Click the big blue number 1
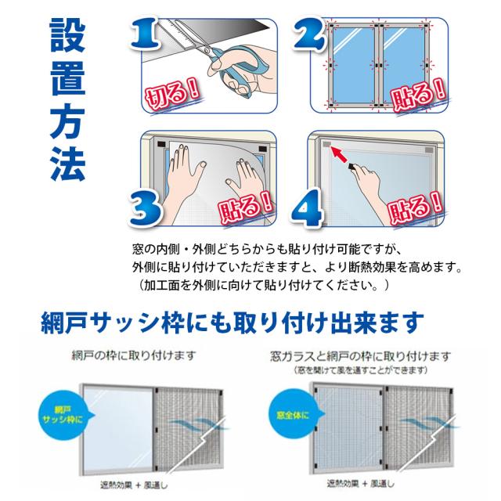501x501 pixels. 145,34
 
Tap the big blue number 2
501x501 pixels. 309,34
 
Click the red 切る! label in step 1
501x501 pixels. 172,94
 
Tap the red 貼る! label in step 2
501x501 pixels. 418,94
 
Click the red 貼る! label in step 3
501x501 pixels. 245,207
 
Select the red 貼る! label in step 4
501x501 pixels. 415,207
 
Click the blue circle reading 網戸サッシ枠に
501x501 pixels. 63,414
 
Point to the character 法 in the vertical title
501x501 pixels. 67,164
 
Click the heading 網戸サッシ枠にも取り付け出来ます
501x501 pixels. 232,323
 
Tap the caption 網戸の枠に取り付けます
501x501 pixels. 133,355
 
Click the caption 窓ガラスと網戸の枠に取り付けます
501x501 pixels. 360,356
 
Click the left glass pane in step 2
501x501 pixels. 354,65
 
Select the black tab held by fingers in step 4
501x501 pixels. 351,167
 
